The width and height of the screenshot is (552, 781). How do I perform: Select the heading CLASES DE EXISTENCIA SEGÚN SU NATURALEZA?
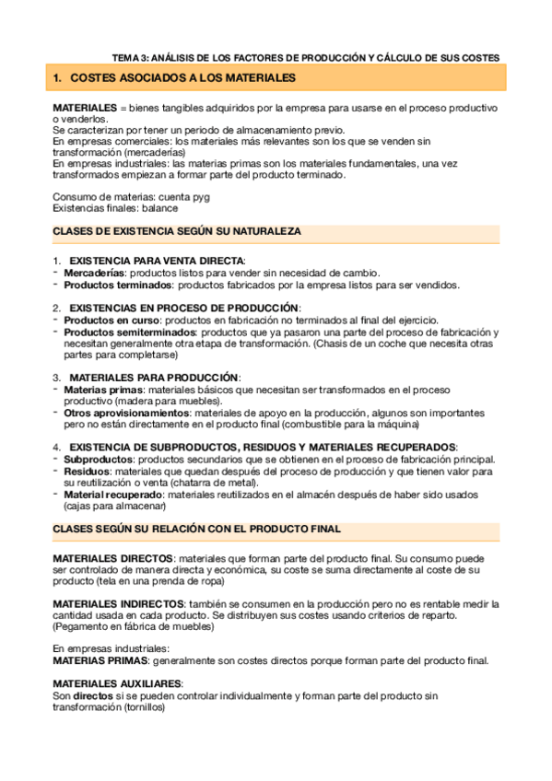click(x=177, y=232)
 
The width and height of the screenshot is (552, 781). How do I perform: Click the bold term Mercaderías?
click(x=95, y=274)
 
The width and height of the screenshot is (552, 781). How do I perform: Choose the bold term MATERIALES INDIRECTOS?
click(x=119, y=604)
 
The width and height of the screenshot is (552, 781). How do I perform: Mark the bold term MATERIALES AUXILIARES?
click(x=117, y=683)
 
